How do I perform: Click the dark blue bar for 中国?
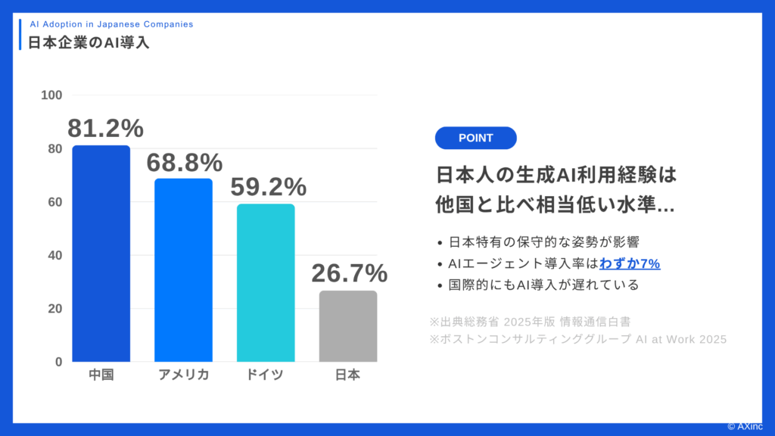(x=101, y=254)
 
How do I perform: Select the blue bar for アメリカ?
(x=183, y=270)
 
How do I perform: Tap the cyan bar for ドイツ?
(x=266, y=282)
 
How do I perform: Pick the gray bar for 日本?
(x=348, y=326)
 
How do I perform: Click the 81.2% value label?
(x=105, y=129)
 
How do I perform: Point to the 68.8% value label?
(x=185, y=162)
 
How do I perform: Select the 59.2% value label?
(x=268, y=186)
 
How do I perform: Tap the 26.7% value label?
(x=350, y=273)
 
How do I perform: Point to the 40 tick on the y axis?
(x=55, y=255)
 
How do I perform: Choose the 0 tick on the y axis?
(x=58, y=362)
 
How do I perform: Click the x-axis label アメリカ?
(x=183, y=375)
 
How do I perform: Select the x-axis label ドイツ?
(x=266, y=375)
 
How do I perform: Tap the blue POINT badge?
(x=475, y=138)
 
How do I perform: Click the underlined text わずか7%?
(x=630, y=263)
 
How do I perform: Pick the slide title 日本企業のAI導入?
(x=89, y=42)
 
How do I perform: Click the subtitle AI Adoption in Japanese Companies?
(x=111, y=24)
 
